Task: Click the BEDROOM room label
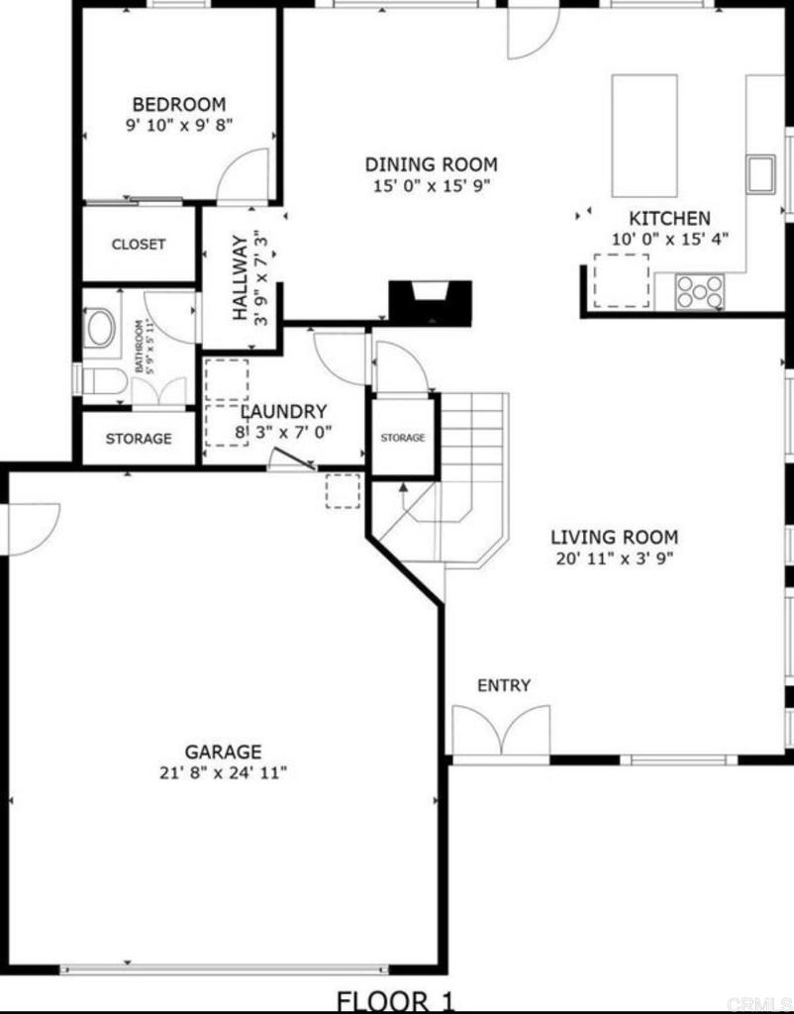click(x=179, y=104)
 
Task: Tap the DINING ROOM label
click(x=432, y=164)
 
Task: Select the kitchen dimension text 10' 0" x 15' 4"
click(x=670, y=239)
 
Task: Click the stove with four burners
click(x=700, y=290)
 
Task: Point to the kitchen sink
click(x=761, y=173)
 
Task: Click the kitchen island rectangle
click(x=645, y=136)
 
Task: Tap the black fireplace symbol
click(x=430, y=301)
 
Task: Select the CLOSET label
click(x=139, y=245)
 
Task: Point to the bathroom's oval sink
click(x=100, y=329)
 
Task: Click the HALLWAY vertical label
click(x=240, y=277)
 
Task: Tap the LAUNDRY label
click(x=283, y=411)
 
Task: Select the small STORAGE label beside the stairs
click(x=403, y=437)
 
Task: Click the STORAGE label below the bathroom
click(x=139, y=439)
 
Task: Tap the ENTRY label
click(x=504, y=685)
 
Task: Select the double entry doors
click(x=501, y=731)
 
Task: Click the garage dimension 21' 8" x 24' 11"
click(x=223, y=772)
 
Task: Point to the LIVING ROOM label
click(x=615, y=538)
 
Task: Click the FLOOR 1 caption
click(x=397, y=1000)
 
